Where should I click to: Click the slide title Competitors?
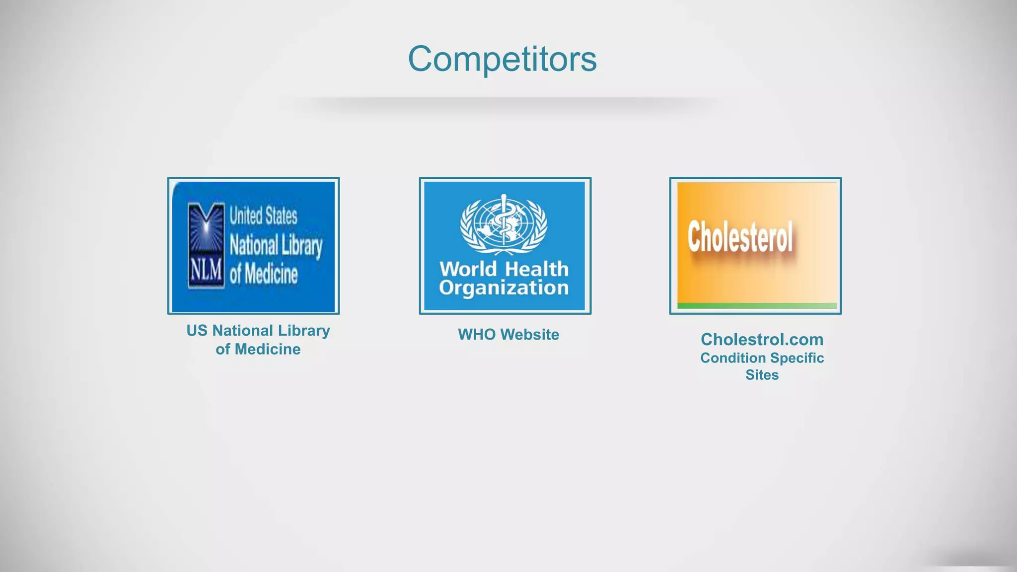point(502,59)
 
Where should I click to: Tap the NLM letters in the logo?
point(206,271)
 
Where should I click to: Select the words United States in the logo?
point(263,216)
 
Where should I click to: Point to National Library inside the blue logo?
point(276,246)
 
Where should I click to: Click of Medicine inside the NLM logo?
point(264,275)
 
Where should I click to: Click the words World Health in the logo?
point(504,269)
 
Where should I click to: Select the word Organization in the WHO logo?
point(504,288)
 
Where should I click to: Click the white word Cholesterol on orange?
point(740,237)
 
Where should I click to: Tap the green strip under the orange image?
point(757,306)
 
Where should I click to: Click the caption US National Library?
point(258,331)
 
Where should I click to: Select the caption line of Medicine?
point(258,350)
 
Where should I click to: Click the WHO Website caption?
point(508,335)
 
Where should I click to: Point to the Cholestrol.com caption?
point(762,340)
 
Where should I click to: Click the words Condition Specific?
point(762,358)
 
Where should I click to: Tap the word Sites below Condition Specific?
point(762,375)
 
